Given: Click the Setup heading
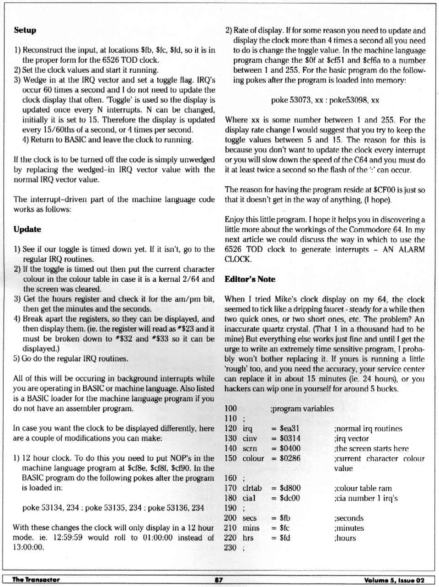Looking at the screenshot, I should pos(25,30).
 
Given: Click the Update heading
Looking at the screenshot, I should pos(27,229).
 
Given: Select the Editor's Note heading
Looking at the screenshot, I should pos(250,279).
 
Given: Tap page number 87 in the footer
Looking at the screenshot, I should pos(219,580).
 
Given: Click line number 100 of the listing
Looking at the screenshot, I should pos(230,409).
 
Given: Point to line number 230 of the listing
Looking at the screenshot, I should pos(230,548).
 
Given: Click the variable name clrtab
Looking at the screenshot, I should pos(252,488).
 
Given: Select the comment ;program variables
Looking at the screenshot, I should pos(302,409).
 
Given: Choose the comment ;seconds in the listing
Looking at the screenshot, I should pos(349,518).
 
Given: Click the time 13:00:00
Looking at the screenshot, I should pos(28,548).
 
